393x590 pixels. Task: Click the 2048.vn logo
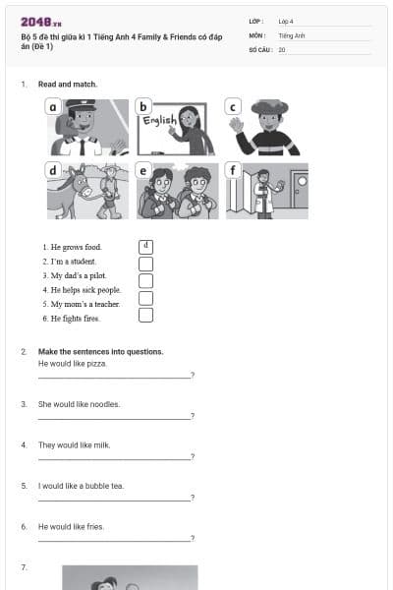(x=40, y=21)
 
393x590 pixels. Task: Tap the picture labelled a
(x=88, y=127)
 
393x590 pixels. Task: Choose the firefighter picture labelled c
(x=262, y=127)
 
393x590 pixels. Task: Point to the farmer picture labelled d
(x=87, y=191)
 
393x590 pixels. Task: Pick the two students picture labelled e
(x=178, y=191)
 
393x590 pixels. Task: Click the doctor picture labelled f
(x=266, y=191)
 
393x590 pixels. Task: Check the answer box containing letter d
(x=145, y=246)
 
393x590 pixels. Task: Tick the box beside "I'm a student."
(x=145, y=264)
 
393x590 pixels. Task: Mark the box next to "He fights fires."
(x=145, y=316)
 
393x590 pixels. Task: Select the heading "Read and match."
(x=68, y=85)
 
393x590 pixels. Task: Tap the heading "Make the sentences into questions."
(x=100, y=351)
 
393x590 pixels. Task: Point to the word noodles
(x=105, y=404)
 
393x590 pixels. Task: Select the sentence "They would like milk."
(x=75, y=444)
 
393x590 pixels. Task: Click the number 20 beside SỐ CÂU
(x=282, y=48)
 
